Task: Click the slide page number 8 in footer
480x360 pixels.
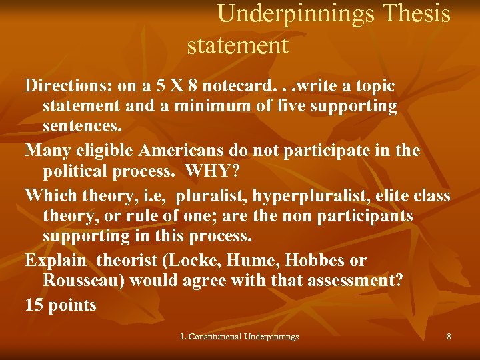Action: [x=449, y=337]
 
